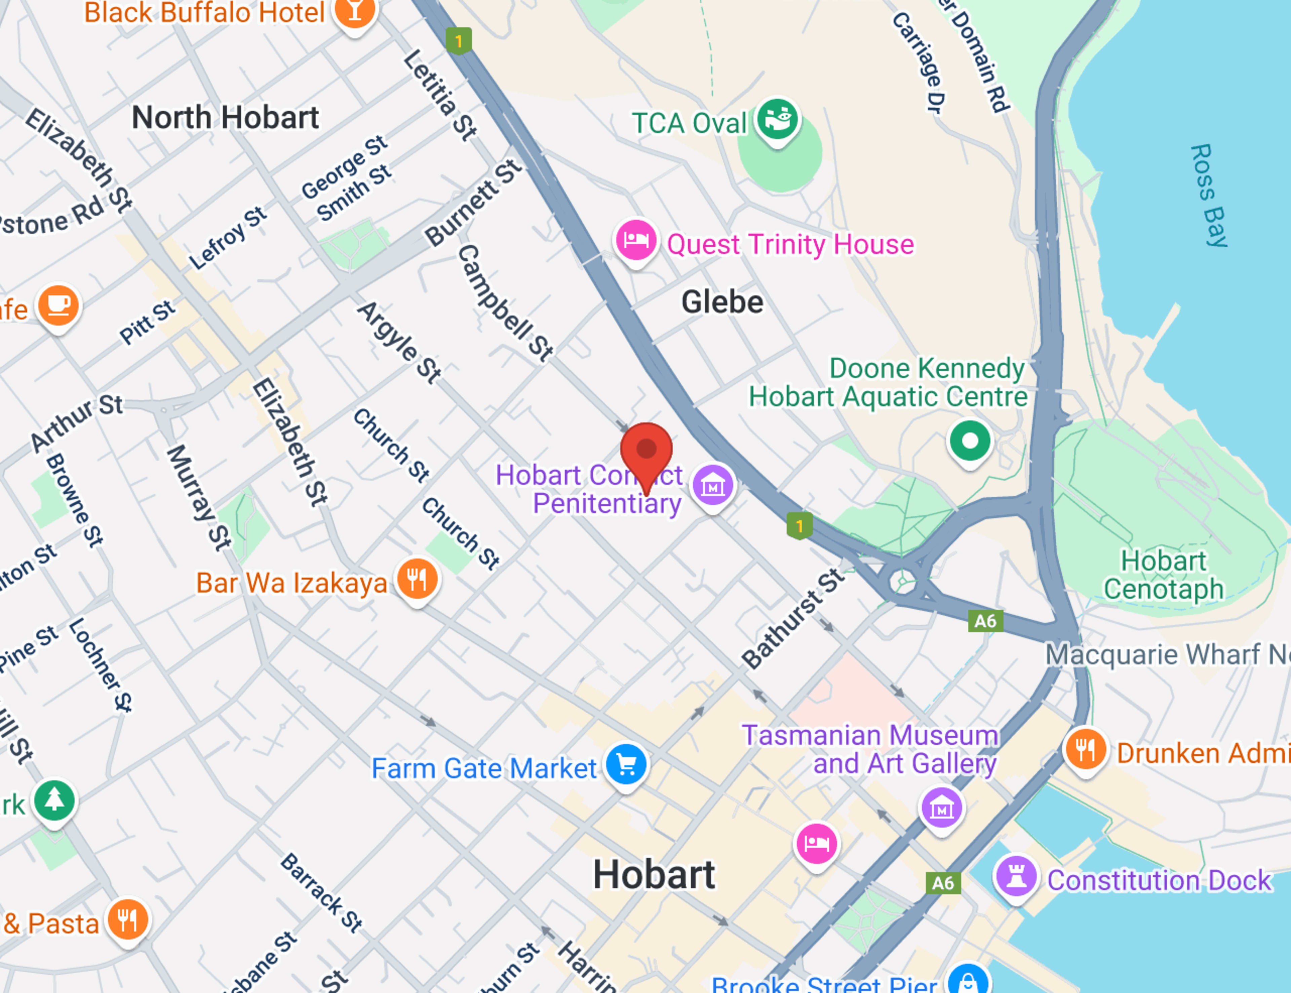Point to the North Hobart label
[225, 118]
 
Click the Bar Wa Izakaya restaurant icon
[417, 579]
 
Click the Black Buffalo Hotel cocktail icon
[355, 12]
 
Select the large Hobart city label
[654, 875]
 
